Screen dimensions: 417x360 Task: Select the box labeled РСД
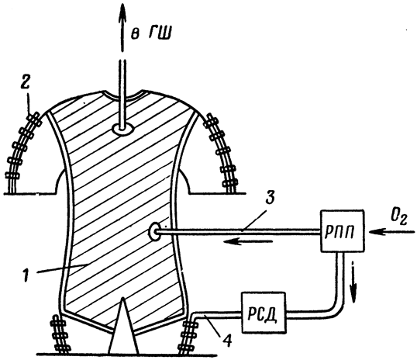264,313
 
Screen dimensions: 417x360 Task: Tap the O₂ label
399,220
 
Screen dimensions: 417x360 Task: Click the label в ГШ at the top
151,34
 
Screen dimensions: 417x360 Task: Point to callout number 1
26,276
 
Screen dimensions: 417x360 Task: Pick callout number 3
271,198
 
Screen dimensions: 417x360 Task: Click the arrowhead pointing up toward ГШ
122,13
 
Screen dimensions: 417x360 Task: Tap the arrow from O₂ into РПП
392,233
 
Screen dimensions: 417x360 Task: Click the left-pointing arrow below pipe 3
247,242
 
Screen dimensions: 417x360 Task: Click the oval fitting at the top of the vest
122,130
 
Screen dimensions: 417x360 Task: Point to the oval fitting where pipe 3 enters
153,233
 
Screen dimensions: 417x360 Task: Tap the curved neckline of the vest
122,97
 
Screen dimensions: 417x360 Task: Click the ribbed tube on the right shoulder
222,152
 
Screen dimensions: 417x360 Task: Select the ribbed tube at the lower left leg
60,335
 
